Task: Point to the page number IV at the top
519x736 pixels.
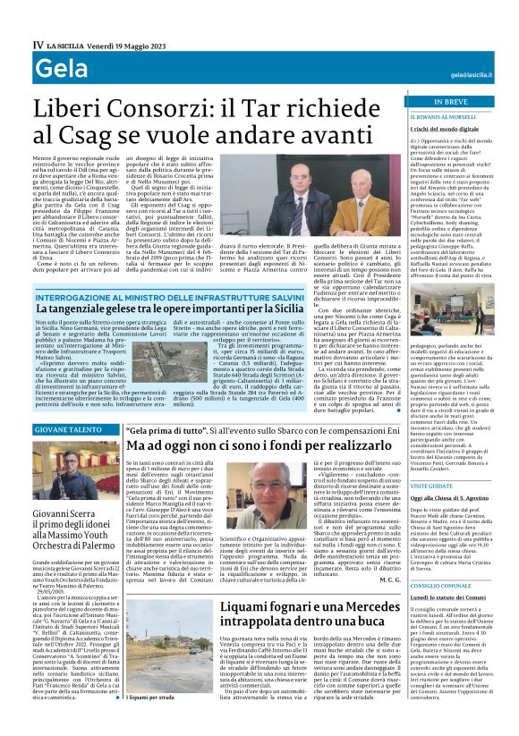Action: pos(38,44)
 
